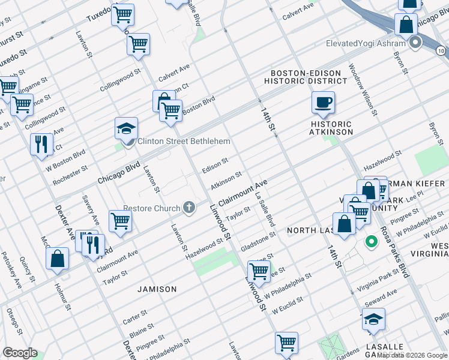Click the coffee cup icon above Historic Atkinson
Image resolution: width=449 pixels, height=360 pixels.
pos(323,102)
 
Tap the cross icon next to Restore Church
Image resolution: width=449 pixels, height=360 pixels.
pos(189,209)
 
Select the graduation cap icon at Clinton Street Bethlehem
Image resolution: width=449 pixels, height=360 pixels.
pos(127,128)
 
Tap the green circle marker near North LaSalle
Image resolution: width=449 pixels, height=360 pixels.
pos(371,242)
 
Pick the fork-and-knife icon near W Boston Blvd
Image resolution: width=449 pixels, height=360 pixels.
pos(41,144)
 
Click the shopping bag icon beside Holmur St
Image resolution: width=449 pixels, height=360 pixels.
pos(58,259)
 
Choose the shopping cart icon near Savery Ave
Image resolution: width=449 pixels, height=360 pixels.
pos(120,220)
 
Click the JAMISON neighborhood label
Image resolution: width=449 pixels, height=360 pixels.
pos(157,289)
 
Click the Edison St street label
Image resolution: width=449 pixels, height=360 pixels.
pos(215,165)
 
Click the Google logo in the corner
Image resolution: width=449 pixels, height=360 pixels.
pos(20,353)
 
